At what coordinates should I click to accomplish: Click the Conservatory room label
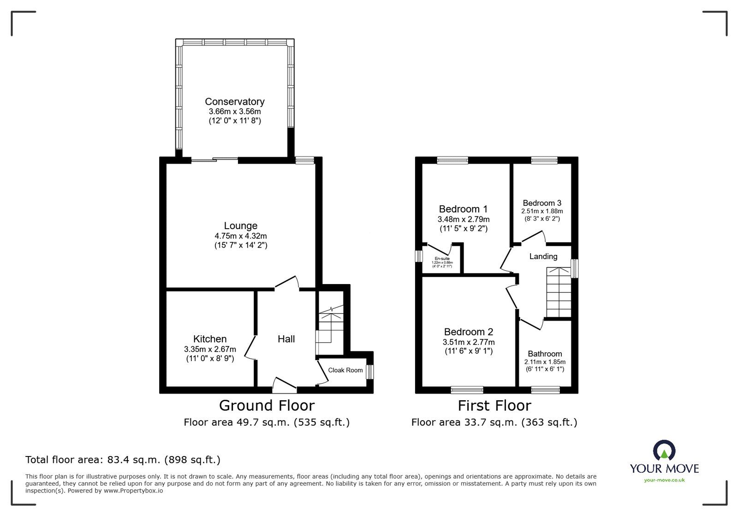pyautogui.click(x=234, y=101)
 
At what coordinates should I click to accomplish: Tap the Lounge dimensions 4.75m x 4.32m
pyautogui.click(x=240, y=236)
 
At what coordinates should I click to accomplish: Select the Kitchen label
pyautogui.click(x=210, y=339)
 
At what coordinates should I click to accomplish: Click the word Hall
pyautogui.click(x=286, y=339)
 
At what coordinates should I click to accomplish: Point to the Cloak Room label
pyautogui.click(x=345, y=370)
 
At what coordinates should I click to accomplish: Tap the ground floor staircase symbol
pyautogui.click(x=330, y=326)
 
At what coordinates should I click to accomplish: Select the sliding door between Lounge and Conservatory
pyautogui.click(x=214, y=160)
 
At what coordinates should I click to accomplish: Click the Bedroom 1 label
pyautogui.click(x=463, y=209)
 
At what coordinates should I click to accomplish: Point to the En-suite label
pyautogui.click(x=442, y=259)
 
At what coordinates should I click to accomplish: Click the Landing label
pyautogui.click(x=543, y=256)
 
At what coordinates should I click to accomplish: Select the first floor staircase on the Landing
pyautogui.click(x=558, y=292)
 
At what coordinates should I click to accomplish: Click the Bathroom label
pyautogui.click(x=545, y=354)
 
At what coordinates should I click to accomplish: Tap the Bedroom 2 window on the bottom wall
pyautogui.click(x=467, y=390)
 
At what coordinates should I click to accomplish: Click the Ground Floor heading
pyautogui.click(x=267, y=405)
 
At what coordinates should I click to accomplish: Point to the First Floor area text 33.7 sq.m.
pyautogui.click(x=494, y=422)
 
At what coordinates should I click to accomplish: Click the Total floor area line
pyautogui.click(x=123, y=460)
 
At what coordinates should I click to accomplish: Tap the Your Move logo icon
pyautogui.click(x=664, y=451)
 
